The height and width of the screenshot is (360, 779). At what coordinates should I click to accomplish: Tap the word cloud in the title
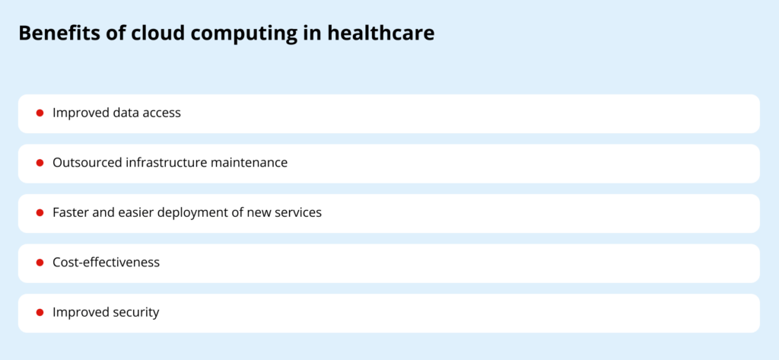(145, 33)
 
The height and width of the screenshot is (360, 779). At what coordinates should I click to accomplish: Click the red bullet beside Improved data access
(40, 113)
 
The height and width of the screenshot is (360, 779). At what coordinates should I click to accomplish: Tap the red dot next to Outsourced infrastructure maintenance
(40, 163)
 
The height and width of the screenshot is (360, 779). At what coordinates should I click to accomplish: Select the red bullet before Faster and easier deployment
(40, 212)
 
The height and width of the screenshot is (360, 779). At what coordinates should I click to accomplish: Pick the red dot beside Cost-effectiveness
(40, 263)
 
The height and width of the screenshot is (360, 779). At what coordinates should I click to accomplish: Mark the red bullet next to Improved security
(40, 312)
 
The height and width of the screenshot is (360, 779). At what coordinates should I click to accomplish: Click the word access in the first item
(161, 113)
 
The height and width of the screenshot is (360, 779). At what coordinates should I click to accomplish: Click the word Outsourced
(84, 163)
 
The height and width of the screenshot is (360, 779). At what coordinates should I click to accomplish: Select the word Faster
(70, 212)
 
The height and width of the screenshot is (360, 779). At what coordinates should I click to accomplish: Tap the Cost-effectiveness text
(106, 263)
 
